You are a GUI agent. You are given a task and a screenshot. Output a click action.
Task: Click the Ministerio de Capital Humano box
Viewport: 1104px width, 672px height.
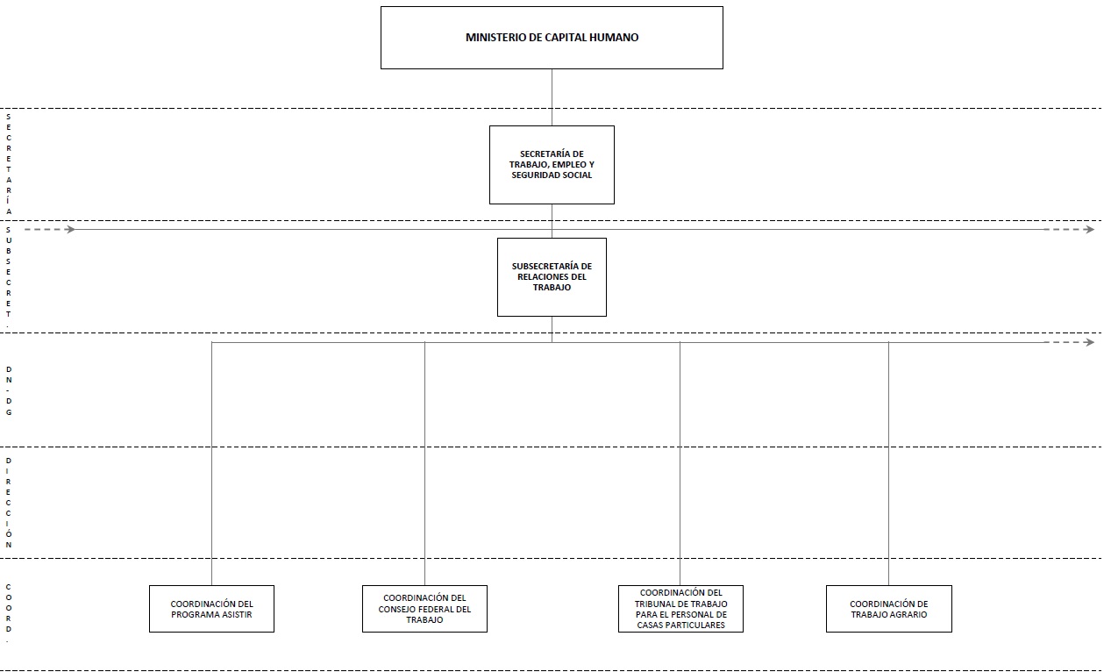[x=552, y=38]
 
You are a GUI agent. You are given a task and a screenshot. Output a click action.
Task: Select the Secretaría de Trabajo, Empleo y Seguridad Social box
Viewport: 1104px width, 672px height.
[x=552, y=165]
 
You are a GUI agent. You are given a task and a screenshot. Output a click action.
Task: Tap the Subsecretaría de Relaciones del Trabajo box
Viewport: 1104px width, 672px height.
[x=552, y=277]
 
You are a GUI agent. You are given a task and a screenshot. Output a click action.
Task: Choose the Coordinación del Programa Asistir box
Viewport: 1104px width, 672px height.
[x=211, y=609]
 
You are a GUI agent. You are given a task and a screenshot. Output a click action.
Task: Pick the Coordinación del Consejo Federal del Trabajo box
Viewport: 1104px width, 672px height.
[x=424, y=609]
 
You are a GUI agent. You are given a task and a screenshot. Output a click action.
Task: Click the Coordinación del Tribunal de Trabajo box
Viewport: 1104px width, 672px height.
[x=680, y=609]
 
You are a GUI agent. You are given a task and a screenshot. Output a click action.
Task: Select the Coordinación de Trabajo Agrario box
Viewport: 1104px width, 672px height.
[x=888, y=609]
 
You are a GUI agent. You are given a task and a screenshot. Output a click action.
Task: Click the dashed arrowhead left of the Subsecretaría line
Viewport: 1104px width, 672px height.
[x=70, y=229]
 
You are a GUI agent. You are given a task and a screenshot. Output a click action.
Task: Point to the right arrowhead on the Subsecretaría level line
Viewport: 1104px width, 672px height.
[x=1089, y=229]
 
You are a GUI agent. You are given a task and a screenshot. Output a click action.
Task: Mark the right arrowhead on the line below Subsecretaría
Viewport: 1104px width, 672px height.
[x=1089, y=342]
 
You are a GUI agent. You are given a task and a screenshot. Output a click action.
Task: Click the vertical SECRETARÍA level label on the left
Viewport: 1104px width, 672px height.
[x=9, y=164]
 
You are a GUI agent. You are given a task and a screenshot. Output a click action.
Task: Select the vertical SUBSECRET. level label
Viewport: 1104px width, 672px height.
[x=9, y=277]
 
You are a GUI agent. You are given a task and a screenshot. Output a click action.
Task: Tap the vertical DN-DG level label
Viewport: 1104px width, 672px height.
[x=9, y=390]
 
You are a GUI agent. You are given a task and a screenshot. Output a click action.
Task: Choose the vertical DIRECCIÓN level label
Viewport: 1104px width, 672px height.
[x=9, y=503]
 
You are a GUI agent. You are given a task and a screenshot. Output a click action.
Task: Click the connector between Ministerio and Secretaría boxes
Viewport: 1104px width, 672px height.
[x=552, y=97]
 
